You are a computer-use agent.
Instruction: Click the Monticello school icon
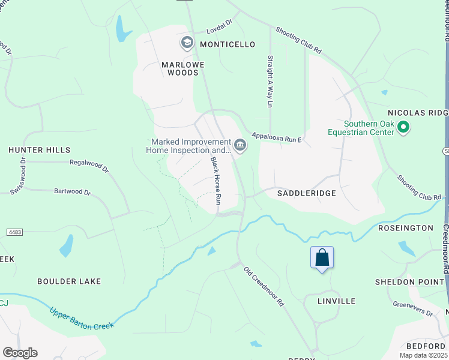tap(187, 43)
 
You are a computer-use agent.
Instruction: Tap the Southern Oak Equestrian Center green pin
tap(404, 127)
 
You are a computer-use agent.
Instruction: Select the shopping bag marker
tap(322, 258)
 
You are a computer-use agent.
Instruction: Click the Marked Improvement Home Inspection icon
tap(240, 145)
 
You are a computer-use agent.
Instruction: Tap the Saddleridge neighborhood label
tap(306, 194)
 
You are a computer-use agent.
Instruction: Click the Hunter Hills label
tap(39, 150)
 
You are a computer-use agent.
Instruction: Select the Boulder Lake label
tap(69, 281)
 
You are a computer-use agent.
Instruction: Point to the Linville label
tap(336, 301)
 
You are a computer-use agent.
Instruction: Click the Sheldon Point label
tap(404, 282)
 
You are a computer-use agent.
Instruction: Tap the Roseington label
tap(406, 228)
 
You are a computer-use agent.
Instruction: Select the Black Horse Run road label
tap(217, 182)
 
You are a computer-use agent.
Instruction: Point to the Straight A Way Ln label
tap(270, 82)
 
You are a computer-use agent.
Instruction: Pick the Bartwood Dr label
tap(72, 193)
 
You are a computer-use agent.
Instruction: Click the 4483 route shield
tap(14, 231)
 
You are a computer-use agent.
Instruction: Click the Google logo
tap(20, 353)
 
